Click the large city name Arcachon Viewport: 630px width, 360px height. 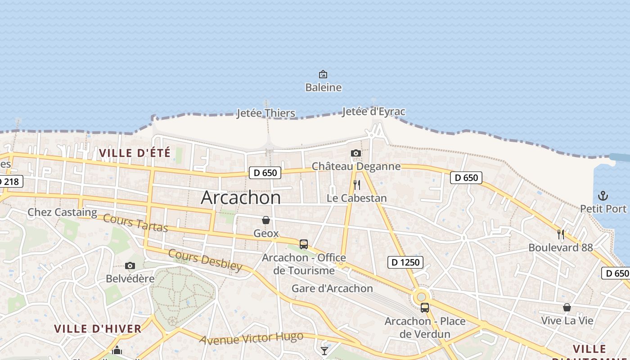[x=241, y=198]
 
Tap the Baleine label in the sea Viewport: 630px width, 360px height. [x=323, y=87]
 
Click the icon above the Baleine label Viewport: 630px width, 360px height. [x=323, y=74]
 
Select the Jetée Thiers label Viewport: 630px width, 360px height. [x=266, y=113]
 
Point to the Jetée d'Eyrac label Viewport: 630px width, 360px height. [x=373, y=112]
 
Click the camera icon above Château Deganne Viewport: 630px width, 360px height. [x=356, y=153]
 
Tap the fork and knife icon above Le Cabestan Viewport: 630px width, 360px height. [x=357, y=185]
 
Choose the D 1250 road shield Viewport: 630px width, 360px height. [x=405, y=262]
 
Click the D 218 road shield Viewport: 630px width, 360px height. [x=10, y=182]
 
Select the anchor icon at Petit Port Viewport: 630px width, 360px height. [x=603, y=196]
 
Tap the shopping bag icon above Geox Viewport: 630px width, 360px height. [x=266, y=220]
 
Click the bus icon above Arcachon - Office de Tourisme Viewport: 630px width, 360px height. [x=304, y=244]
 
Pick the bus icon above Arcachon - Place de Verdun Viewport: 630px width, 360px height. [x=425, y=308]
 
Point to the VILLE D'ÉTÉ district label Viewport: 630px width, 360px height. [x=135, y=153]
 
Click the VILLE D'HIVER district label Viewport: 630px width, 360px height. [x=98, y=329]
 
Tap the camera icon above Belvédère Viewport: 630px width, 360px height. [x=130, y=265]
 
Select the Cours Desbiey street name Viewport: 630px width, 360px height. [x=205, y=260]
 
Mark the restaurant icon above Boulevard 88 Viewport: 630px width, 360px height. [x=561, y=234]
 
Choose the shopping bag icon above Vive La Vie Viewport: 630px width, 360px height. [x=567, y=308]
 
